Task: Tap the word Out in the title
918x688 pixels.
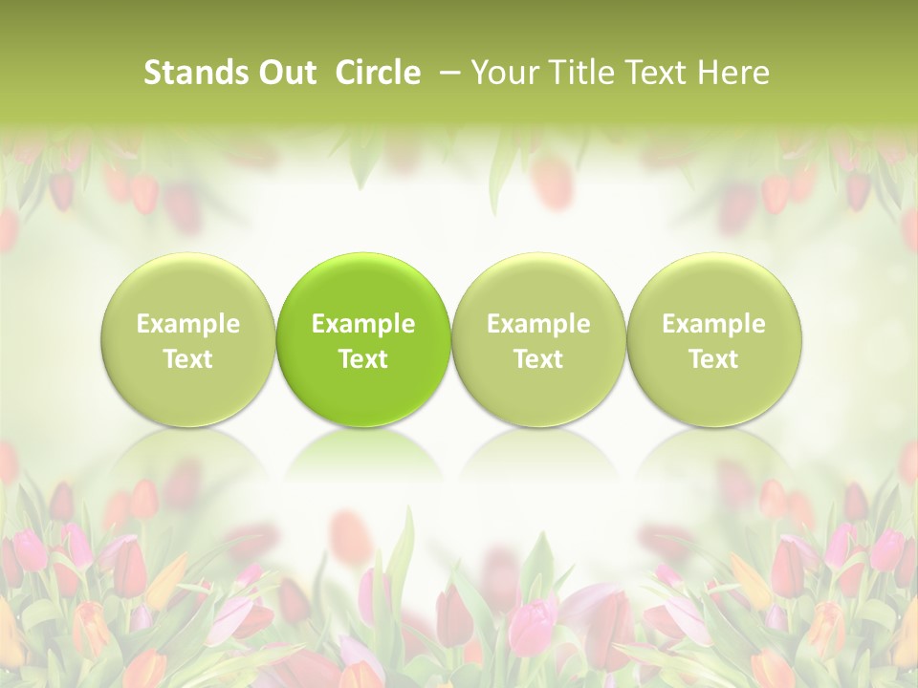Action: point(284,73)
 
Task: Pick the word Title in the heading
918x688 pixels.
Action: point(580,73)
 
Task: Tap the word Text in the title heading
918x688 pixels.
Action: point(657,73)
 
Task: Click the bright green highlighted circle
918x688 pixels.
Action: point(363,339)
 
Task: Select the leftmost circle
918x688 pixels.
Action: point(188,339)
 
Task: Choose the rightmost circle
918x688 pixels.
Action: point(713,339)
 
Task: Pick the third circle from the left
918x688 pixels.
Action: point(538,339)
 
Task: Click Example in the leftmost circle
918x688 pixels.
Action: point(188,324)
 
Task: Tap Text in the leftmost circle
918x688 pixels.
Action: point(188,359)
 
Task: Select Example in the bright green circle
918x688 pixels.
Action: point(363,324)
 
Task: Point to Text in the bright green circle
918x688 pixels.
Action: point(363,359)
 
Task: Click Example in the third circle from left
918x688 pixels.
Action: point(538,324)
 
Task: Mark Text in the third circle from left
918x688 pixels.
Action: point(538,359)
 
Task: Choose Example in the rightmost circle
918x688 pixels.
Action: point(713,324)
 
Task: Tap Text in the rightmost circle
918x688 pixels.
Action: point(713,359)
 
